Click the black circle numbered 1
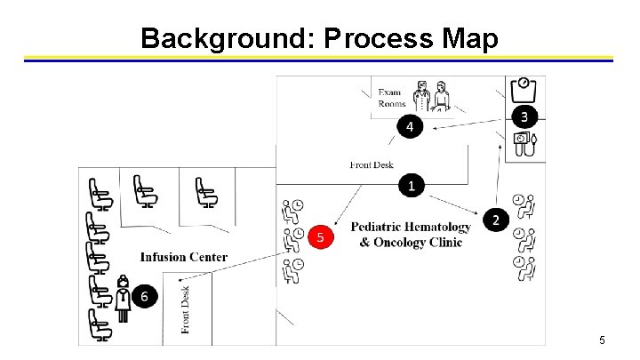410,185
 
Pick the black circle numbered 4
409,127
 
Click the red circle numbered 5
321,237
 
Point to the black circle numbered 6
146,296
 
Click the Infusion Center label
183,258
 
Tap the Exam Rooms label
391,98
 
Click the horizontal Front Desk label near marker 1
372,164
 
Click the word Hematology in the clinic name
436,227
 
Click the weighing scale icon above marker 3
524,89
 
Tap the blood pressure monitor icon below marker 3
524,144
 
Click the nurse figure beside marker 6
123,298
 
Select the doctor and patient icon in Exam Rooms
432,94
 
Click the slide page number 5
602,340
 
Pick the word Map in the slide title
469,38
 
